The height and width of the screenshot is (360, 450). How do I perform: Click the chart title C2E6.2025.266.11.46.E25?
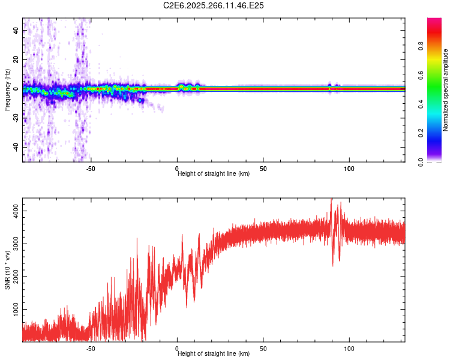pyautogui.click(x=214, y=5)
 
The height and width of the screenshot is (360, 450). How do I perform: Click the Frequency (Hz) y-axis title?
pyautogui.click(x=7, y=90)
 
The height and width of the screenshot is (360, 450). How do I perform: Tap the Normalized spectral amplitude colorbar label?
pyautogui.click(x=445, y=90)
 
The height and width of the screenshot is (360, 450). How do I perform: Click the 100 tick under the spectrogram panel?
pyautogui.click(x=349, y=169)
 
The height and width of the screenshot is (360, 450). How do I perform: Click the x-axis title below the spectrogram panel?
pyautogui.click(x=214, y=174)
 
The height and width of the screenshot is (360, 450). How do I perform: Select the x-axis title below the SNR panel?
pyautogui.click(x=214, y=353)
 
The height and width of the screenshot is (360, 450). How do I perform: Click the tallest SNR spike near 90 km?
pyautogui.click(x=331, y=200)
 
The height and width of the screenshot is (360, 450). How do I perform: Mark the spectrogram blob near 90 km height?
pyautogui.click(x=330, y=88)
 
